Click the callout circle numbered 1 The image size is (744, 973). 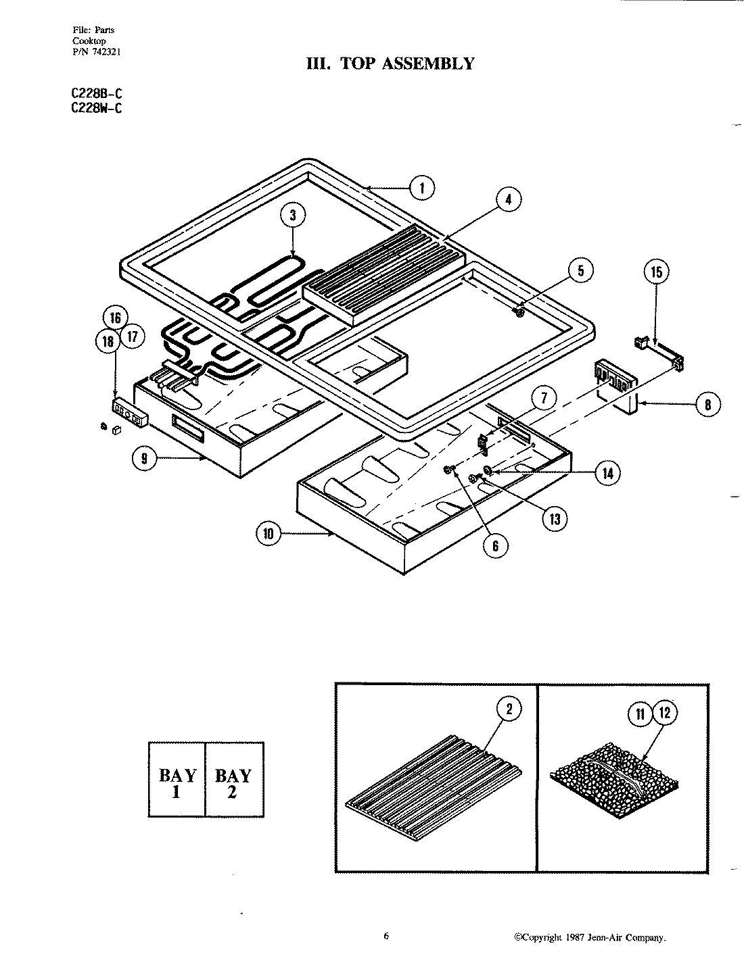[x=422, y=187]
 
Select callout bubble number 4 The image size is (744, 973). [x=509, y=199]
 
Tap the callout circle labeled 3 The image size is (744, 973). [x=293, y=216]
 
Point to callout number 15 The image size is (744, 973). [x=656, y=272]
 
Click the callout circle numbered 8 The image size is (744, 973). [x=707, y=404]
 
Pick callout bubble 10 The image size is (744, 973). [x=269, y=534]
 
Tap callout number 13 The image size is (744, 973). [x=555, y=518]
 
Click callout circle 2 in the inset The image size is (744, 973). [x=509, y=709]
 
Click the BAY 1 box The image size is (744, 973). [x=177, y=780]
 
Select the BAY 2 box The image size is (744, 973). [x=233, y=780]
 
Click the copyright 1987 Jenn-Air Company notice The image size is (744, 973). [x=590, y=937]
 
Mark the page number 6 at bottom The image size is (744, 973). [x=386, y=936]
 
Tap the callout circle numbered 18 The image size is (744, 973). [x=107, y=341]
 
